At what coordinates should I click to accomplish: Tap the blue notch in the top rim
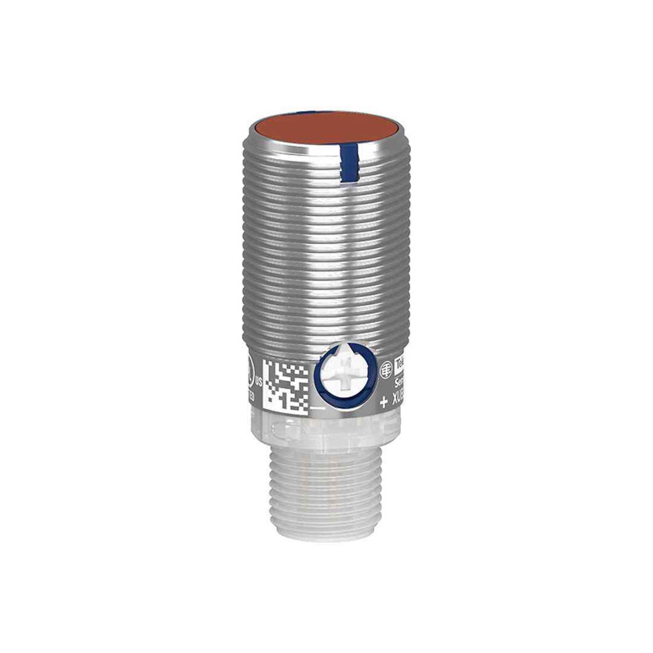[349, 163]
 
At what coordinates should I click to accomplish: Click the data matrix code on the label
[285, 385]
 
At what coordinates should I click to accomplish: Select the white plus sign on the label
[383, 402]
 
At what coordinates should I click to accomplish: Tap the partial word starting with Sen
[400, 383]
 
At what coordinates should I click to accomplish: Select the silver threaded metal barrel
[326, 254]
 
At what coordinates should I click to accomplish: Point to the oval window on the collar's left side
[284, 431]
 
